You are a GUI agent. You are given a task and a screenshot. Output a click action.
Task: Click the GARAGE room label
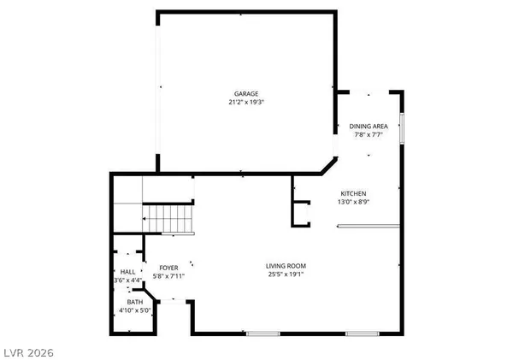pos(247,93)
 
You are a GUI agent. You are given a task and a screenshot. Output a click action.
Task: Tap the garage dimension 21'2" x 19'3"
pos(247,102)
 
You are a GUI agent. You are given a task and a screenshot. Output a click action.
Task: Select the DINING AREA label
pos(369,126)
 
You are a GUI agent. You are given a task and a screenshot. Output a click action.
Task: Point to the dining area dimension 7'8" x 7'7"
pos(369,134)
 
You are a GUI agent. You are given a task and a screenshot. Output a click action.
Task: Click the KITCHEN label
pos(353,193)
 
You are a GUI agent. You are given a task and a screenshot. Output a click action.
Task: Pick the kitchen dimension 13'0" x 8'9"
pos(353,202)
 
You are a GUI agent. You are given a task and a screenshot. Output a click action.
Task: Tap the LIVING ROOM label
pos(285,266)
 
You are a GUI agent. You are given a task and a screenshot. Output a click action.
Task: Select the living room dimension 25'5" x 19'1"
pos(285,274)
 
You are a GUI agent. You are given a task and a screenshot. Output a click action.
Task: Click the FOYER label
pos(168,267)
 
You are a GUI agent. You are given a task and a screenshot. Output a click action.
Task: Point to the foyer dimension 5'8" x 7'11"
pos(168,275)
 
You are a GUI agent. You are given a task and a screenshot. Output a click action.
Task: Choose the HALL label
pos(127,272)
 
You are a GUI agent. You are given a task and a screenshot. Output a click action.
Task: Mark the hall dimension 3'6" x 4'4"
pos(127,280)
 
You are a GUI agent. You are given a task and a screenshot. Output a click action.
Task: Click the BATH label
pos(135,302)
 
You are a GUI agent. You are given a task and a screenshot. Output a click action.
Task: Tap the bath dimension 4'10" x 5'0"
pos(135,310)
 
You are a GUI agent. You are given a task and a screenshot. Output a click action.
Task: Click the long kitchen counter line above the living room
pos(368,226)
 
